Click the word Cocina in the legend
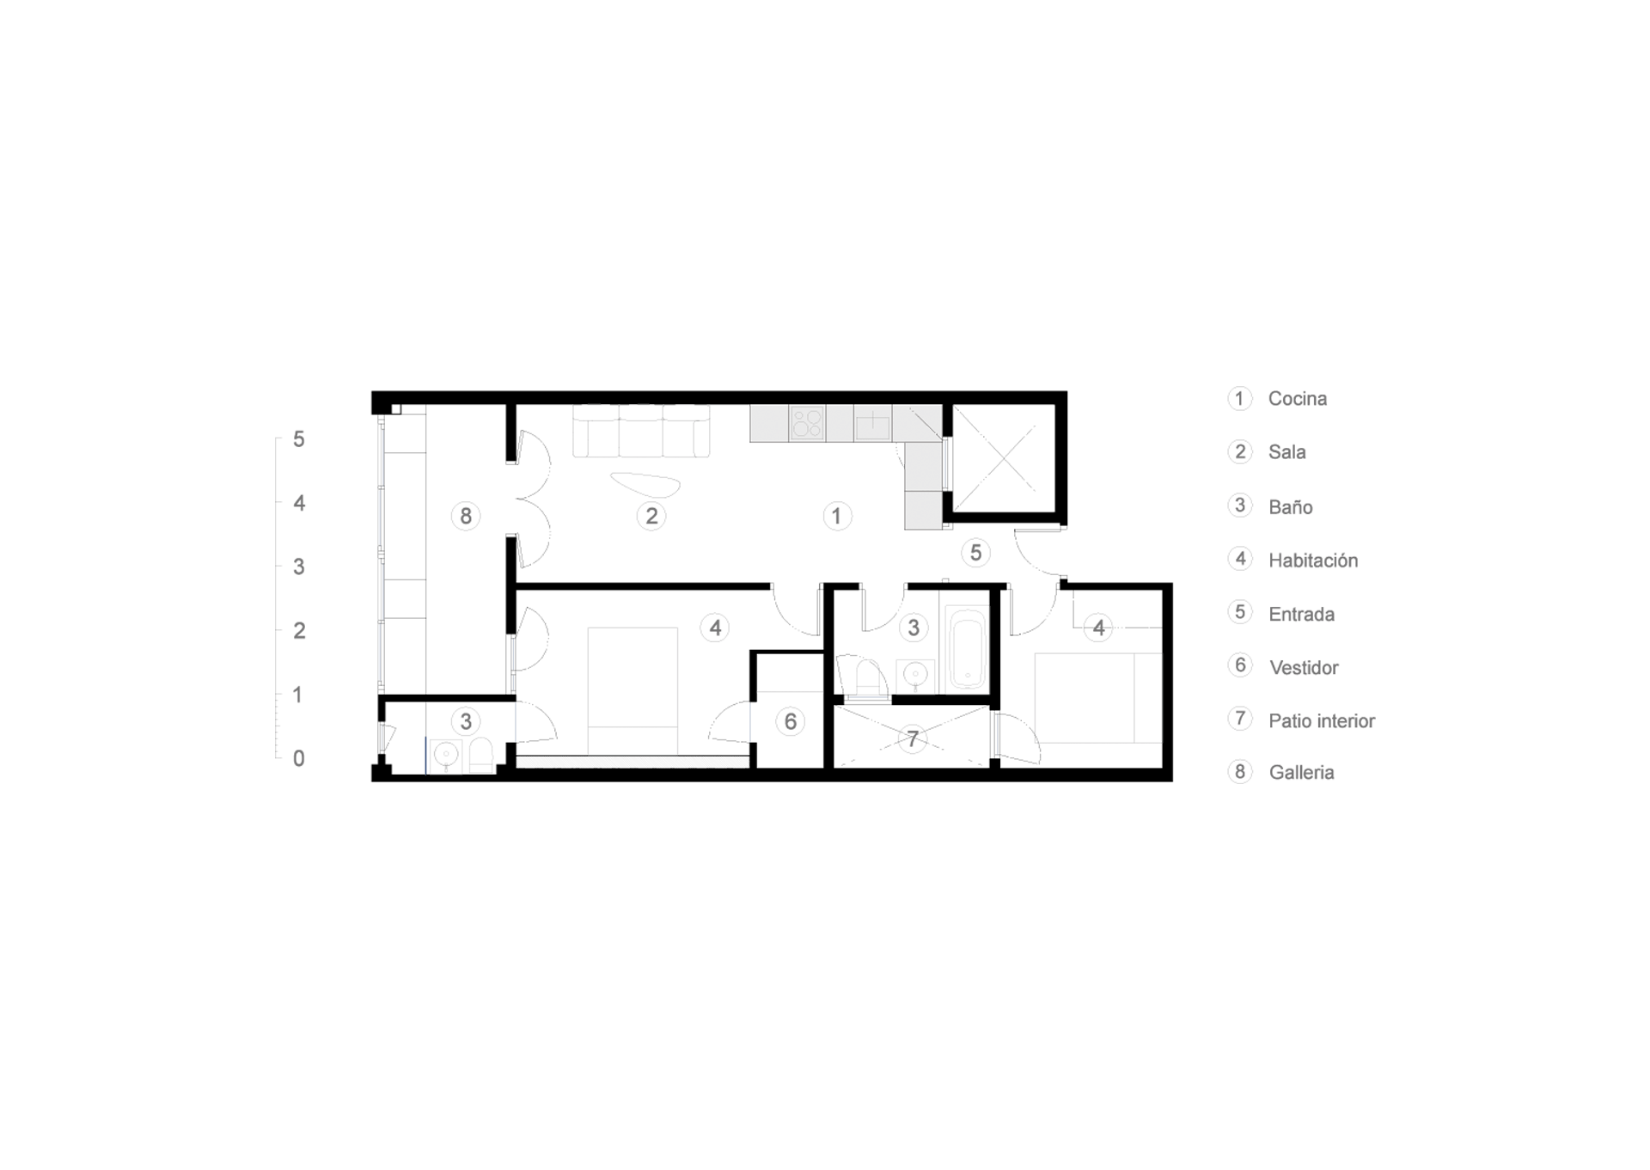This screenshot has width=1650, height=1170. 1297,399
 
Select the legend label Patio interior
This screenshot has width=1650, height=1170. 1322,721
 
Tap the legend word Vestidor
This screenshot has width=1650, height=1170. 1304,668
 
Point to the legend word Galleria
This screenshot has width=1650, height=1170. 1301,773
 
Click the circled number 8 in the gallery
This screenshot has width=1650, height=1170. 466,517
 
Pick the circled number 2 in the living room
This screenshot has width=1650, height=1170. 651,517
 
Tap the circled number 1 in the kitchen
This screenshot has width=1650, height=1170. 837,517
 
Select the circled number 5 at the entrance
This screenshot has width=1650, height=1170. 975,553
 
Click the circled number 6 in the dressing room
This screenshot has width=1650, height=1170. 791,722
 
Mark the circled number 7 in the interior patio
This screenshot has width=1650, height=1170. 913,738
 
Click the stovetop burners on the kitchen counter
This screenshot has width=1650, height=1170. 807,424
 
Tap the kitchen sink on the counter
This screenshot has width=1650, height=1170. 872,424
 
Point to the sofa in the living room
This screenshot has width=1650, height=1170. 641,431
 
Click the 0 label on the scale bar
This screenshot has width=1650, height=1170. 299,759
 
